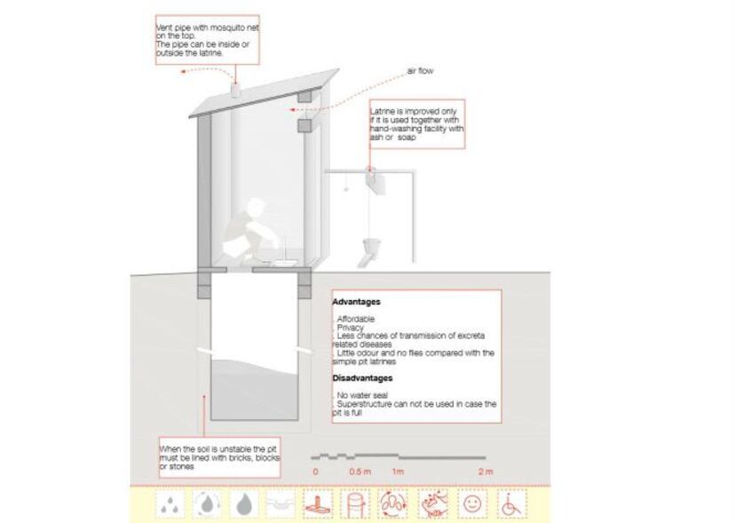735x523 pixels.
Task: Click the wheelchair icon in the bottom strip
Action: (x=511, y=504)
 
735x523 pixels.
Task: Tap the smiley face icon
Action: (x=472, y=503)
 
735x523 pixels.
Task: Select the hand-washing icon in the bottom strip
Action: (x=432, y=504)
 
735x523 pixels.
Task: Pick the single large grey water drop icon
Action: (x=244, y=504)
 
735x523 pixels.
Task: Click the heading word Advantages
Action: (x=356, y=302)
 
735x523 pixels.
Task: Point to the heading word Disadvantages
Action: (x=362, y=378)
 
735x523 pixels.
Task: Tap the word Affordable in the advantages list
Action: (x=356, y=319)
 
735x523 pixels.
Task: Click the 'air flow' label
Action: (x=420, y=71)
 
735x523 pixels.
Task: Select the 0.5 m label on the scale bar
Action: (x=360, y=471)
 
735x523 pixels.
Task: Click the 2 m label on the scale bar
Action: (x=486, y=471)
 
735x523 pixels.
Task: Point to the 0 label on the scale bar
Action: (x=315, y=471)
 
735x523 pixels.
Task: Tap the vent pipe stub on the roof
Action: (x=236, y=91)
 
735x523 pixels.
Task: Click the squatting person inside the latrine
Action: (x=244, y=227)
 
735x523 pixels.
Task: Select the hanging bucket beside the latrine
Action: (x=372, y=245)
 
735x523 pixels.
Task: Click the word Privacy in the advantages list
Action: (x=350, y=328)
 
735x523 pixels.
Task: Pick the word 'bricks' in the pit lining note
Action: (x=240, y=458)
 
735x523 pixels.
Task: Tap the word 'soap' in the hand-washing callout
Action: (x=407, y=137)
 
